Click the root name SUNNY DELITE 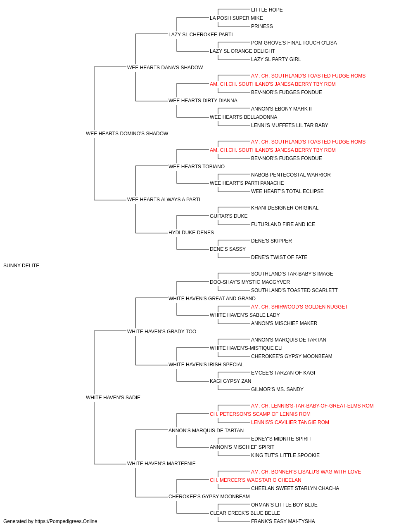pos(21,266)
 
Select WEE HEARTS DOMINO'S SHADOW pos(127,134)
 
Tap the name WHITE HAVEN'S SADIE pos(113,398)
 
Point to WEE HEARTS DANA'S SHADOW pos(165,68)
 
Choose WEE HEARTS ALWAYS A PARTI pos(164,200)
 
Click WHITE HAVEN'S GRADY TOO pos(162,332)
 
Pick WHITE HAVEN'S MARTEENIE pos(161,464)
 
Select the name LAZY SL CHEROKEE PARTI pos(201,35)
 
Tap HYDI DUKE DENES pos(191,233)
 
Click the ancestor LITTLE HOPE pos(267,10)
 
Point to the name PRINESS pos(262,26)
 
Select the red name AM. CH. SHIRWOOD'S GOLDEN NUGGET pos(299,307)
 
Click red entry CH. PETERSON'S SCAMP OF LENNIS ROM pos(260,414)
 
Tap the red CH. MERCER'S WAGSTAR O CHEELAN pos(256,480)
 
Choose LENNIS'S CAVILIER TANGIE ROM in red pos(290,422)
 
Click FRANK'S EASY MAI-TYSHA pos(283,521)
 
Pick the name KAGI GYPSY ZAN pos(230,381)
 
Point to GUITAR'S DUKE pos(229,216)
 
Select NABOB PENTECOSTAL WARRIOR pos(291,175)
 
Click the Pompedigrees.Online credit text pos(50,521)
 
